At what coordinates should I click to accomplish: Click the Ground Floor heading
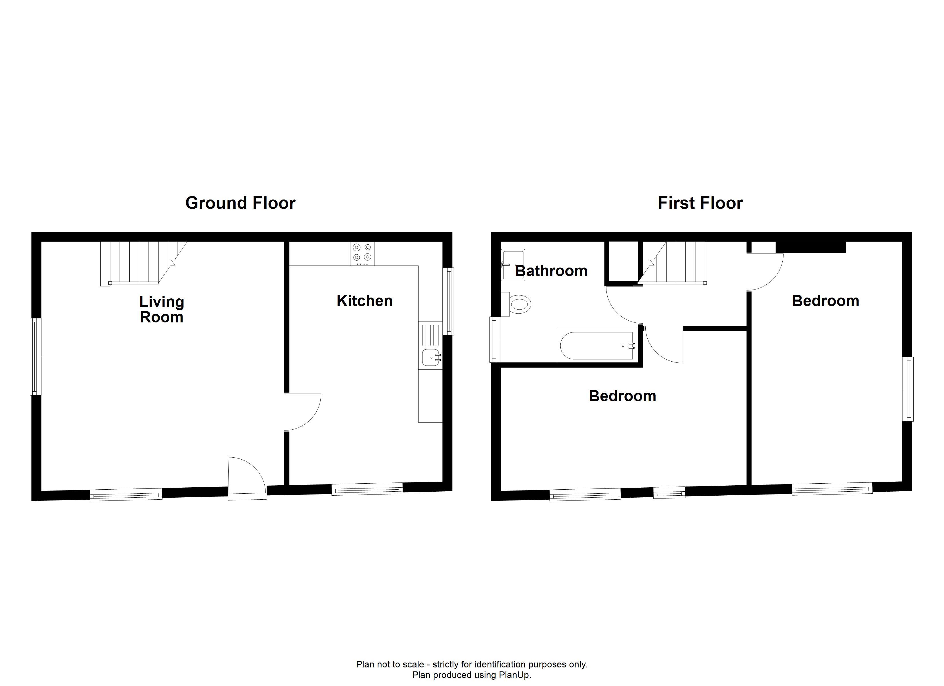point(240,203)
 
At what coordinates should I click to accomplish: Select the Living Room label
point(162,310)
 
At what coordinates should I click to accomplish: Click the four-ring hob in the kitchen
point(362,253)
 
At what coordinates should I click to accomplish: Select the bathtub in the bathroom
point(597,346)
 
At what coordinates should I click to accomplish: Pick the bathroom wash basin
point(513,265)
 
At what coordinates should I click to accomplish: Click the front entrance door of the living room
point(247,478)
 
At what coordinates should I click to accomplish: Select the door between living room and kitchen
point(303,412)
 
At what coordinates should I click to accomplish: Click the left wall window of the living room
point(36,356)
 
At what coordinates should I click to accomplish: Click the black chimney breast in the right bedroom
point(811,247)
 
